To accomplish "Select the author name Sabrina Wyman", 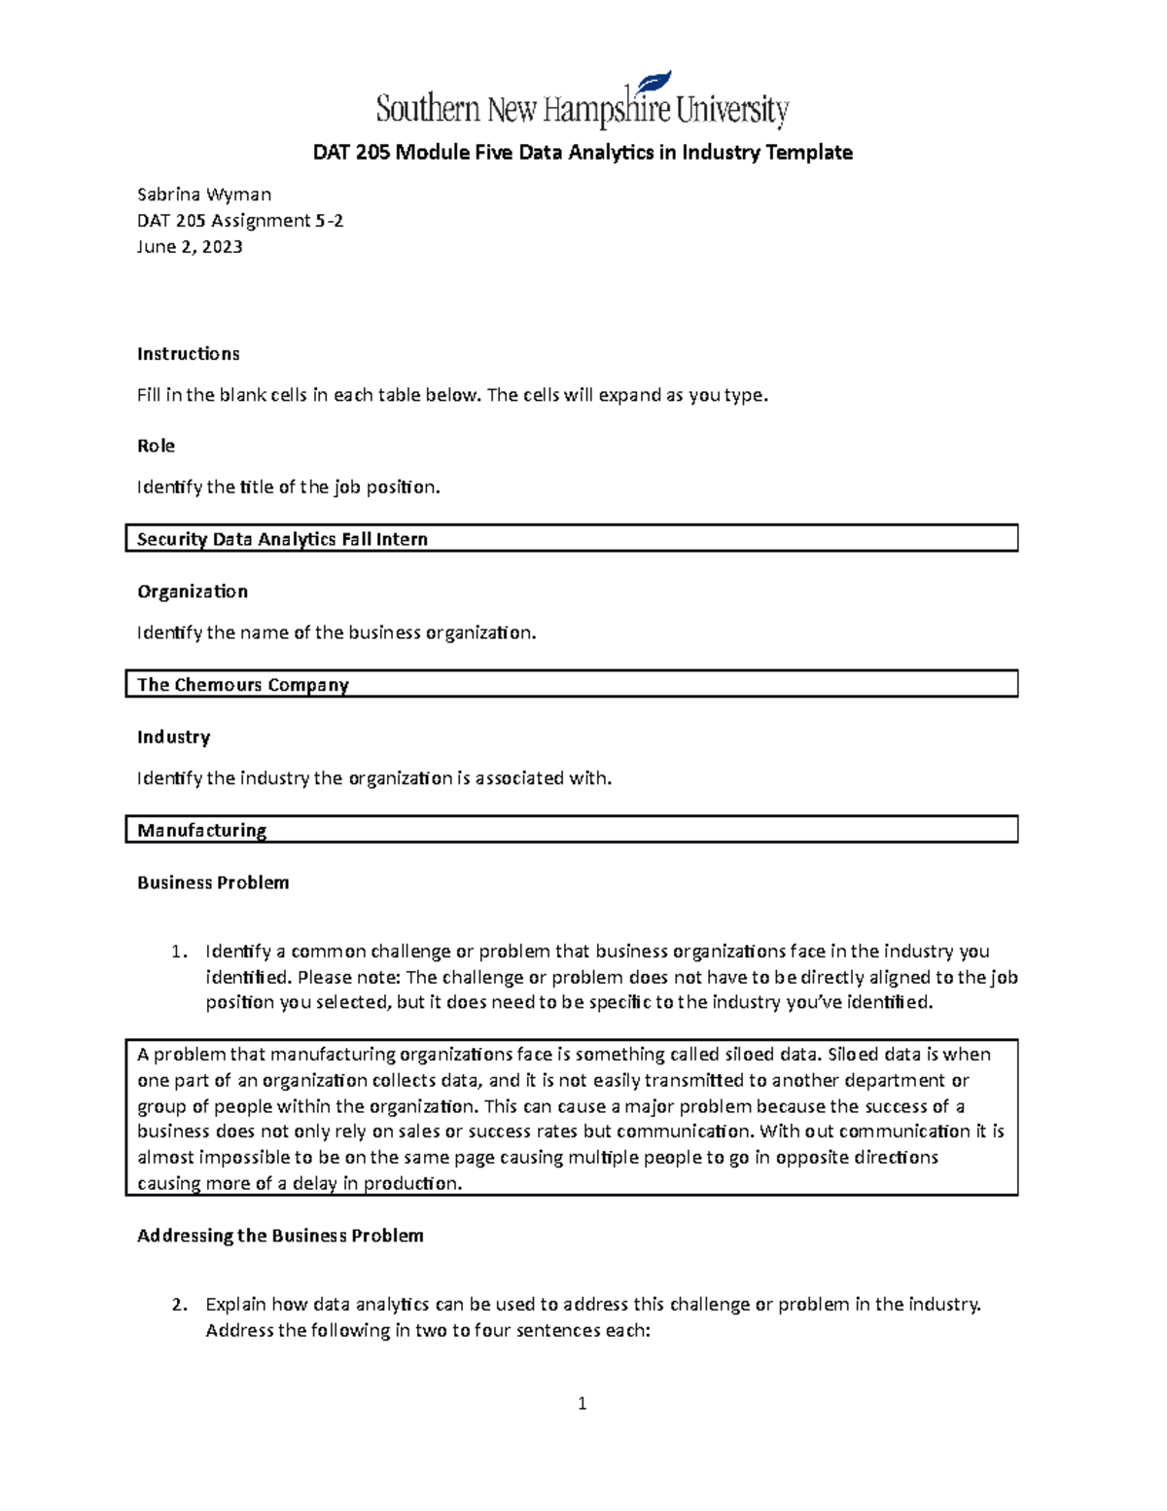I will coord(204,194).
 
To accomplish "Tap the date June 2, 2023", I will coord(190,246).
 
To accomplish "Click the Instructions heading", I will coord(188,353).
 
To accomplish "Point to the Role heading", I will coord(156,446).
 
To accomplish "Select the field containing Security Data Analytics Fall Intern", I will coord(571,538).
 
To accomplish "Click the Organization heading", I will coord(192,592).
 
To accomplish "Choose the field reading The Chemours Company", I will coord(571,684).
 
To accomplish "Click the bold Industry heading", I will coord(173,737).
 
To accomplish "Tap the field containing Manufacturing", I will coord(571,829).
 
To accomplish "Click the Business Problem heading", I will coord(213,882).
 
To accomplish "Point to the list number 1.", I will coord(177,952).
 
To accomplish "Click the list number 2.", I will coord(178,1305).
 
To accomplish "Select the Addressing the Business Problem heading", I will coord(280,1236).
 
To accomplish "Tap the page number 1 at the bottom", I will coord(582,1403).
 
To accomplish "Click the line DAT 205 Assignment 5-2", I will coord(240,220).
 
